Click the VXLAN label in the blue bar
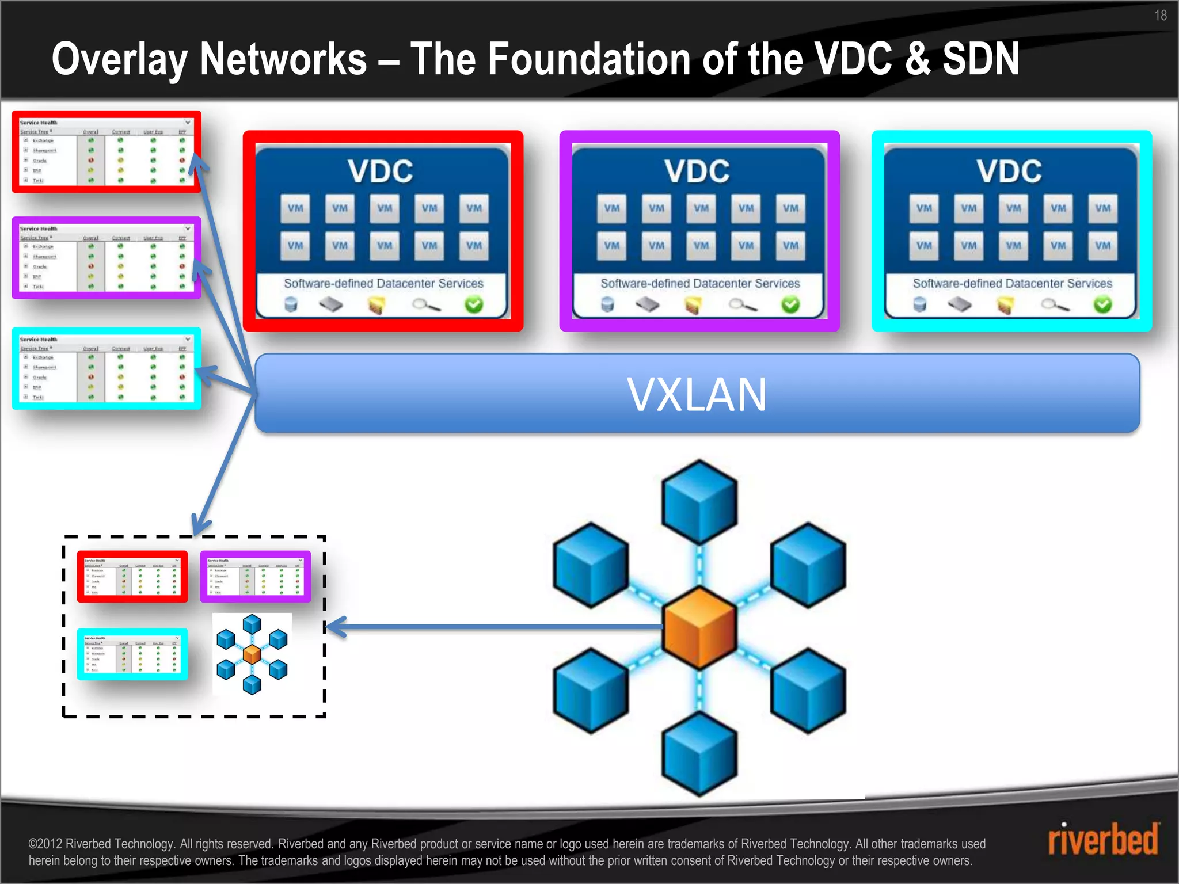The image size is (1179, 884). click(697, 395)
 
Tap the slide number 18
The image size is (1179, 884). click(1160, 16)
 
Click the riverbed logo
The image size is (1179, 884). click(1103, 840)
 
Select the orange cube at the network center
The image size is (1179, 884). click(699, 627)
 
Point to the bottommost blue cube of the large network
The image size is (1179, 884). click(699, 754)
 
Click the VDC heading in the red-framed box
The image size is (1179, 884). click(381, 172)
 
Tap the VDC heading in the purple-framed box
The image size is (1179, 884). click(697, 172)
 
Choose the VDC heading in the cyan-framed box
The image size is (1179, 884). click(1009, 172)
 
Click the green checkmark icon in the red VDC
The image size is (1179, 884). click(474, 304)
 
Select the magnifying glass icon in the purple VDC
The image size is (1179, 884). click(743, 305)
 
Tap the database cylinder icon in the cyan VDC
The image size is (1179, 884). click(919, 304)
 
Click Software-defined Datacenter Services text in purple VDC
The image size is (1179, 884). click(700, 283)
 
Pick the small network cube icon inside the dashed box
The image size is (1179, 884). click(252, 654)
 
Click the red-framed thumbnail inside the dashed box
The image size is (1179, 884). click(132, 577)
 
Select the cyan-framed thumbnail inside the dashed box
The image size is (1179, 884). click(132, 654)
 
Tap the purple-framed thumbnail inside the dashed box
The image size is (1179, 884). click(255, 577)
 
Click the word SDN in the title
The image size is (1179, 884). click(981, 59)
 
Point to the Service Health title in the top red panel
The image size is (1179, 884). click(39, 123)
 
